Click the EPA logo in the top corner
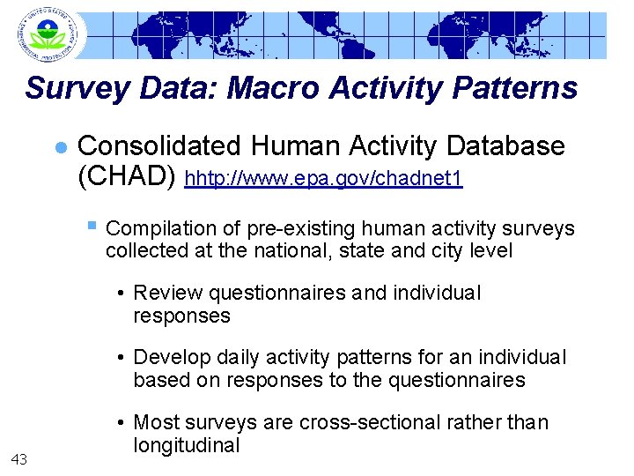47,34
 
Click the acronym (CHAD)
128,177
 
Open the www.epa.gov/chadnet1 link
324,179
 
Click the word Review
164,294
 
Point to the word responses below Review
181,316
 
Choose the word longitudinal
187,445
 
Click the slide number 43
20,457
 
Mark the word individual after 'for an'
521,357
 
